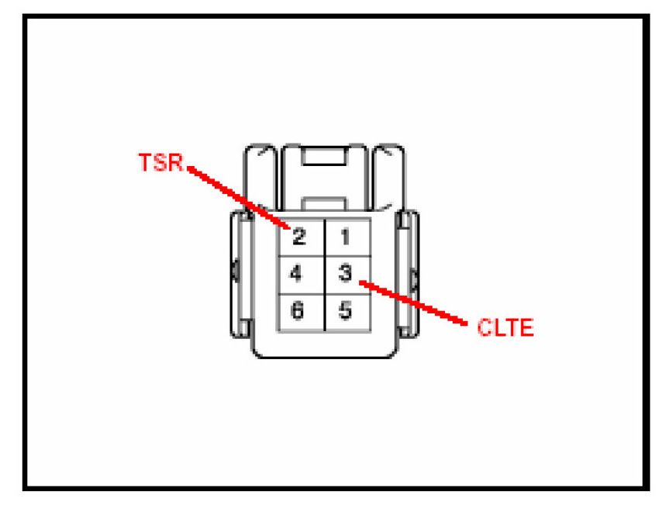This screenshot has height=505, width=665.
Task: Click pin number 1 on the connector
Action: point(346,236)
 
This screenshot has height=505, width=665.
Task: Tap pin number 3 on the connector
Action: point(346,273)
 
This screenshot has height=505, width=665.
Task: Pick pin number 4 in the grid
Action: point(296,273)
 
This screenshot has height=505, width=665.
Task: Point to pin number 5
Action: point(346,311)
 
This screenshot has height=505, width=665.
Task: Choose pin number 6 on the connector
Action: point(297,311)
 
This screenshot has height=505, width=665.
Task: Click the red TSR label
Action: point(160,164)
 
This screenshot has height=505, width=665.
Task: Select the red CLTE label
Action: point(505,328)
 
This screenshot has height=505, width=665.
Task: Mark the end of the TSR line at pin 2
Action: point(288,227)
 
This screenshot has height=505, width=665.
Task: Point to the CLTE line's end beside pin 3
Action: point(362,283)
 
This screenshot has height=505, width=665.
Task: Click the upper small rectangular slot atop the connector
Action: point(323,157)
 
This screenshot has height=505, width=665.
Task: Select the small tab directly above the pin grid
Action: point(323,203)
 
